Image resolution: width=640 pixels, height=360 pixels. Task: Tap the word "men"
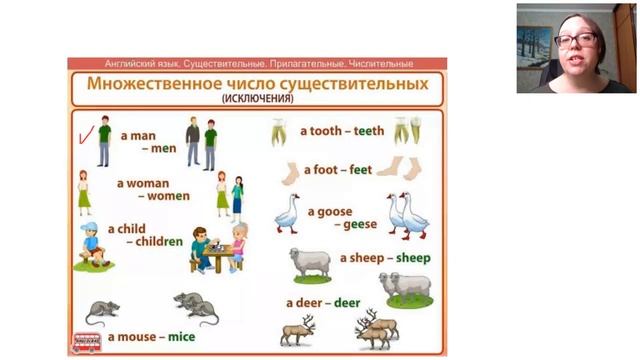pyautogui.click(x=162, y=148)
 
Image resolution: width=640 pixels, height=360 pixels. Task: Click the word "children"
pyautogui.click(x=160, y=241)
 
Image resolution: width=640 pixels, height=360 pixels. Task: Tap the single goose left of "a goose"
pyautogui.click(x=288, y=213)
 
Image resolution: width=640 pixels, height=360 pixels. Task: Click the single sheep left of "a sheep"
pyautogui.click(x=310, y=262)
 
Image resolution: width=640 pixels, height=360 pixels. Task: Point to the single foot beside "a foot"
pyautogui.click(x=288, y=173)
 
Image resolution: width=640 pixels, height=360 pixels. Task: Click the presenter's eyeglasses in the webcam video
pyautogui.click(x=575, y=40)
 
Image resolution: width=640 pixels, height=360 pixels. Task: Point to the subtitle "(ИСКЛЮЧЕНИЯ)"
pyautogui.click(x=257, y=99)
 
